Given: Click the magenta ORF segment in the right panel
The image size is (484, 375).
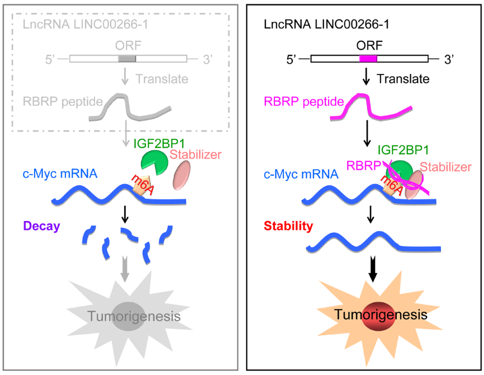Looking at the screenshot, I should (368, 59).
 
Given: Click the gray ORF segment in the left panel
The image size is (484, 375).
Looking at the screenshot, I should (127, 59).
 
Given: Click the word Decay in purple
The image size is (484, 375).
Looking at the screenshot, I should (41, 226).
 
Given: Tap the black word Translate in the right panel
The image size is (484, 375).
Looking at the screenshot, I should (403, 79).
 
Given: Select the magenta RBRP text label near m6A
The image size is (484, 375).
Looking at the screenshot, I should (363, 166).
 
